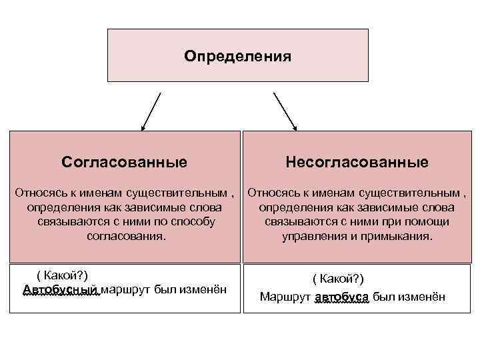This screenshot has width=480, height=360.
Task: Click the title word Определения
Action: [238, 56]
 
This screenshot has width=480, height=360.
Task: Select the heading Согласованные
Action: [124, 162]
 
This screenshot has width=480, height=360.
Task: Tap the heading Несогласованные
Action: [357, 162]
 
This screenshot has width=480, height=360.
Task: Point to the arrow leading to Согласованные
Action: [151, 111]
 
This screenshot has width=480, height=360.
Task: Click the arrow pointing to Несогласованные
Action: [285, 111]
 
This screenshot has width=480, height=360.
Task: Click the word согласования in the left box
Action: [125, 237]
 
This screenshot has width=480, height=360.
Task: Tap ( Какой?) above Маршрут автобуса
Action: [338, 279]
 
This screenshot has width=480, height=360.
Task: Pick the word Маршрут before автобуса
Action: [285, 297]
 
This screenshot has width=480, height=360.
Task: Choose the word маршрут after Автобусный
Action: [125, 289]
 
